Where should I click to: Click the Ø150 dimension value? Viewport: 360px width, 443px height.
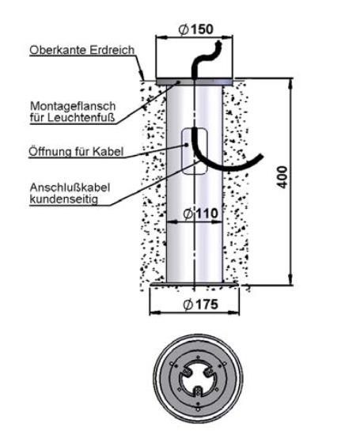click(196, 29)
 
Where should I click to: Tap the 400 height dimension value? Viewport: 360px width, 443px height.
click(282, 177)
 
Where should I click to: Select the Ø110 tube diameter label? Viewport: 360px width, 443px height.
click(201, 214)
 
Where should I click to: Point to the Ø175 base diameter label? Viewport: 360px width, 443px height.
click(201, 305)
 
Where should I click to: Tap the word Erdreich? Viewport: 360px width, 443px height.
click(112, 50)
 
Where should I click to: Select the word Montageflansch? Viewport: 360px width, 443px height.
click(73, 107)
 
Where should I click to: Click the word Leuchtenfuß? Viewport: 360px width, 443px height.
click(81, 118)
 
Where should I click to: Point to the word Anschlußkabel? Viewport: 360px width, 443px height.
click(70, 187)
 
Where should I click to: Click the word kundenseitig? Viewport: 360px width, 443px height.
click(64, 199)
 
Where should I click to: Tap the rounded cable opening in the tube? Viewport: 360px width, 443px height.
click(195, 151)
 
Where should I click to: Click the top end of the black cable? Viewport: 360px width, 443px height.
click(218, 43)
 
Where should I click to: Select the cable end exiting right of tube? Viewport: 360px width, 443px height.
click(260, 157)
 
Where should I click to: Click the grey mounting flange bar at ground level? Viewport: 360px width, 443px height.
click(195, 81)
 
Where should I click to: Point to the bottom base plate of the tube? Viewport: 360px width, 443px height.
click(195, 284)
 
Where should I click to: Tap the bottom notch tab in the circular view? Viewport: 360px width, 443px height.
click(198, 393)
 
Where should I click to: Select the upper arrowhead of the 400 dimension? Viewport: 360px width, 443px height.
click(290, 83)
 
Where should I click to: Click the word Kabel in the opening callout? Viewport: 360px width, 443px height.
click(108, 151)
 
